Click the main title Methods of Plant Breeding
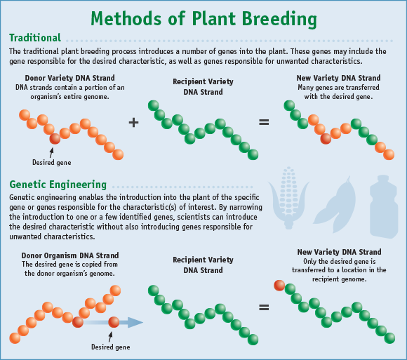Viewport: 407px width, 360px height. [x=203, y=17]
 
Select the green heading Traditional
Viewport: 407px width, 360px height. [x=35, y=38]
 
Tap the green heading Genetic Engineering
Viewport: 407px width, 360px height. [x=58, y=185]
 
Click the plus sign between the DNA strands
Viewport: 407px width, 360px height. [x=134, y=122]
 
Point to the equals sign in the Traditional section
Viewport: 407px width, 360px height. [x=264, y=122]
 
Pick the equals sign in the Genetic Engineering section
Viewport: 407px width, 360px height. [x=264, y=307]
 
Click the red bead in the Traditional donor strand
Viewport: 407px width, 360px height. [x=55, y=138]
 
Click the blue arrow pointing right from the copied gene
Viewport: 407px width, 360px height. [x=131, y=322]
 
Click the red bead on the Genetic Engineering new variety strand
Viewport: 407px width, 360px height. [x=280, y=286]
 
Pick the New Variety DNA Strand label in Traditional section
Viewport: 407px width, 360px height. [x=339, y=78]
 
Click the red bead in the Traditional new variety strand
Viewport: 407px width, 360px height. [x=326, y=138]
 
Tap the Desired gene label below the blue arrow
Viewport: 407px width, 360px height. [x=110, y=346]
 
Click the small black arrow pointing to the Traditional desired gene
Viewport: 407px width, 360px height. [x=52, y=151]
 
